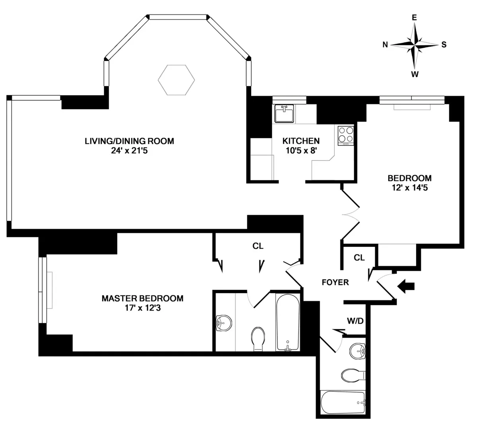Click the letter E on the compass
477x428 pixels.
coord(414,18)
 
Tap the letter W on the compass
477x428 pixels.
coord(415,74)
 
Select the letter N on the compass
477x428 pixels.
coord(385,45)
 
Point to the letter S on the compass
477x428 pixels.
coord(444,45)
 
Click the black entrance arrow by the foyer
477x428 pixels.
coord(407,286)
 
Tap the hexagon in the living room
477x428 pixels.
coord(176,80)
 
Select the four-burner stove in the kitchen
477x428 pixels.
coord(345,135)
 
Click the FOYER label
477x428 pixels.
coord(335,282)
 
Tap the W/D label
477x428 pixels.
coord(355,321)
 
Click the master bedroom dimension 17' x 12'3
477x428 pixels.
coord(142,307)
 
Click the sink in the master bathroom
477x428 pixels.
coord(223,322)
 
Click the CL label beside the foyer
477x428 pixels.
coord(359,258)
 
